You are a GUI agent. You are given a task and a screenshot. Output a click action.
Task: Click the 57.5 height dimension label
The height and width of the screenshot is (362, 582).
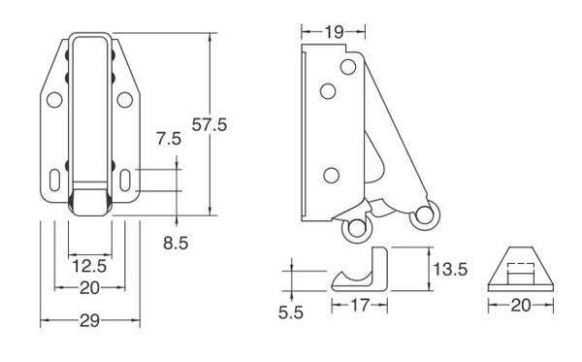209,125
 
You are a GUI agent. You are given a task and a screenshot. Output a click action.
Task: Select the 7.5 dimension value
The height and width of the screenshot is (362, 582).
169,139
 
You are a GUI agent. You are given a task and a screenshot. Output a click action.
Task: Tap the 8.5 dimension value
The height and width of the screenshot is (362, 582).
176,244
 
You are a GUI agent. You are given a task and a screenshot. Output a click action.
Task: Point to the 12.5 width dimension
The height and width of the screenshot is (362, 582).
89,266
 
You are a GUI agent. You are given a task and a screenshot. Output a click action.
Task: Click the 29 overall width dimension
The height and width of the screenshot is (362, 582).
89,320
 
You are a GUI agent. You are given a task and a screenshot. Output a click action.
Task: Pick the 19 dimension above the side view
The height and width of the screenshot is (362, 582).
334,32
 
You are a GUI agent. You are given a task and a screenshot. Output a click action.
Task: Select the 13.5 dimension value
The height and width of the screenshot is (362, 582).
450,269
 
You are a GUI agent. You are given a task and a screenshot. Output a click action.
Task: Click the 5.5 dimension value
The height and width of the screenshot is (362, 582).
291,313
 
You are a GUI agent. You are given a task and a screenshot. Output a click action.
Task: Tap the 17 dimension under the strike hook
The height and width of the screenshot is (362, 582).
360,306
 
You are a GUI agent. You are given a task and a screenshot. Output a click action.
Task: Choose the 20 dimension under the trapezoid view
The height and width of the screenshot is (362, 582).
521,306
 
